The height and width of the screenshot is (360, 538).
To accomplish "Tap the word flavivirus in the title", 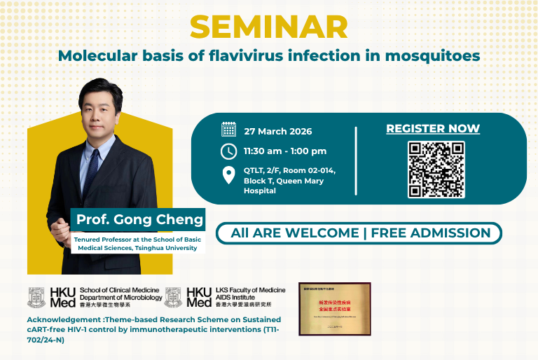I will point(230,55).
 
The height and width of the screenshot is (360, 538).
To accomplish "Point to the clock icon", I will point(228,151).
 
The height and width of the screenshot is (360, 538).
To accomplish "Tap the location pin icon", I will point(228,175).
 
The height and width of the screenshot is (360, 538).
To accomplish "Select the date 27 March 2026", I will point(278,131).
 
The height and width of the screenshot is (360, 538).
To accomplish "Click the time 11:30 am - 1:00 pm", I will point(285,151).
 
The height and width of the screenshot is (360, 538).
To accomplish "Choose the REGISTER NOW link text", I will point(433,129).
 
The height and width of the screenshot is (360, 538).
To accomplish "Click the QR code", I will point(436,169).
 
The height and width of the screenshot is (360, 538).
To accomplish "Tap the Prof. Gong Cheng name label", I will point(140,219).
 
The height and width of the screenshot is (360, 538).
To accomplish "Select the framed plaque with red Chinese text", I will point(334,308).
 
